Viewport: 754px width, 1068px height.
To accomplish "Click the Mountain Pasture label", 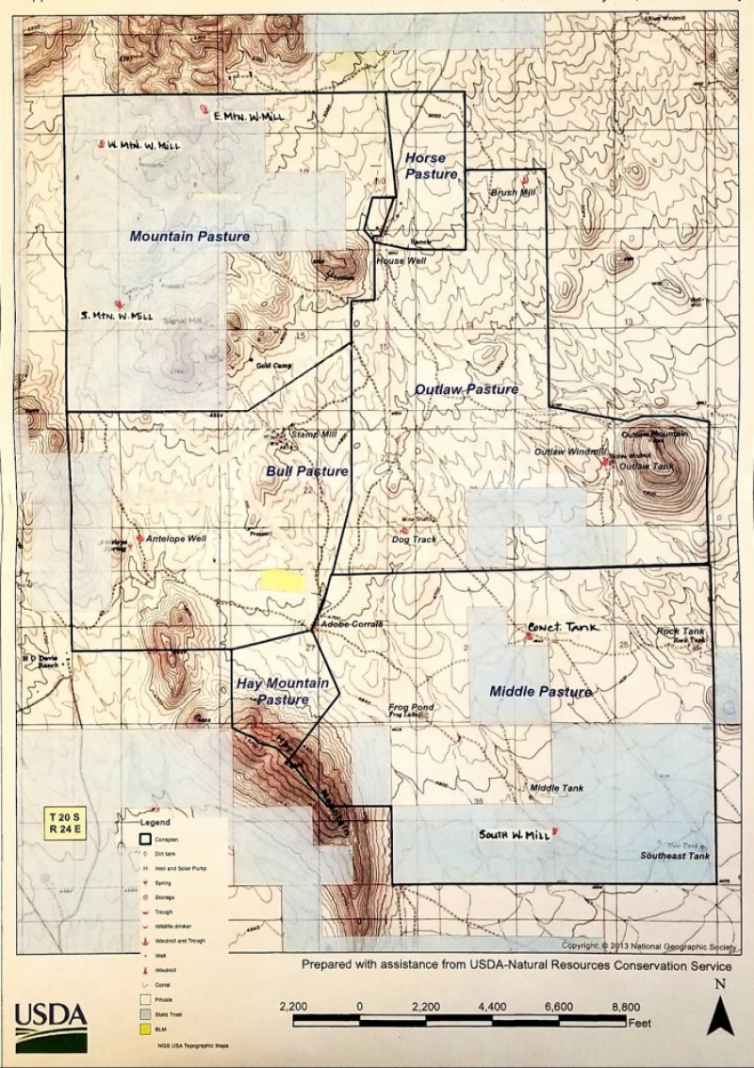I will (189, 237).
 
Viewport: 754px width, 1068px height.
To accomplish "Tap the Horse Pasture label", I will (431, 166).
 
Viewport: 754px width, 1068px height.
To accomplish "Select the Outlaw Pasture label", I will (467, 389).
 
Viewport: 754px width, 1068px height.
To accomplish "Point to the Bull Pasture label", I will (306, 470).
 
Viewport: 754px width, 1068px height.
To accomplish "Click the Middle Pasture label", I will (540, 692).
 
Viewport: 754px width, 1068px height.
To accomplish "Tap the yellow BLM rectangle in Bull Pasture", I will (283, 581).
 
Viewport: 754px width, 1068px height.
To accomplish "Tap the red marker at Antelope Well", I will (139, 538).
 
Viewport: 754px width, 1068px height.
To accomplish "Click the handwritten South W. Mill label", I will (514, 835).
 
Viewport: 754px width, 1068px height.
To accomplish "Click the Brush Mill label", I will (513, 192).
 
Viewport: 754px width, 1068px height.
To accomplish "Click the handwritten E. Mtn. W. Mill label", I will (248, 116).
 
